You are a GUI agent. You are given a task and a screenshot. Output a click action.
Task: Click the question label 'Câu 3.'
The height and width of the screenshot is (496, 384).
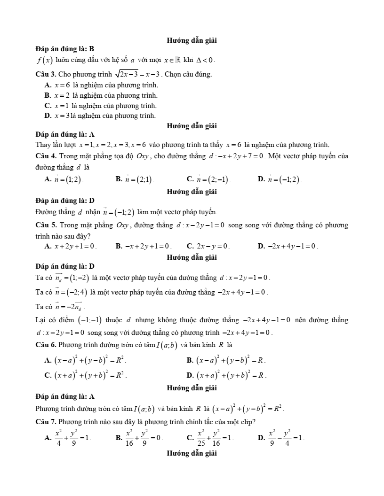click(x=46, y=74)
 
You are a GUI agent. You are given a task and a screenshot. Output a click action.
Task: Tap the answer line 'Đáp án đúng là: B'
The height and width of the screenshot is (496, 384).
click(x=65, y=48)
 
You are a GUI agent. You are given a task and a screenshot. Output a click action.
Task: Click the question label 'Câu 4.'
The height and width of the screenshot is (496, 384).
click(x=46, y=156)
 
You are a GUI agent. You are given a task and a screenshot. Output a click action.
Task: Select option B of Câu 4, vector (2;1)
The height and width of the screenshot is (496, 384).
click(x=135, y=179)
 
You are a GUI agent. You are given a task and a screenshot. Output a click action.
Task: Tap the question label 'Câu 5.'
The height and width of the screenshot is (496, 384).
click(x=46, y=225)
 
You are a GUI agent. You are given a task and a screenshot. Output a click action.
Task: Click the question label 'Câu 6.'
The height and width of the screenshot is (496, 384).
click(x=46, y=345)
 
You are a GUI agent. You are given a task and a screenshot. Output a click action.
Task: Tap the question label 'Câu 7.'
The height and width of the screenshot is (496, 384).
click(x=46, y=422)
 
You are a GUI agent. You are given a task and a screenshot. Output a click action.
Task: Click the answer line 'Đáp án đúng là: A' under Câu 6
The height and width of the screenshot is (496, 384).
click(x=65, y=396)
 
